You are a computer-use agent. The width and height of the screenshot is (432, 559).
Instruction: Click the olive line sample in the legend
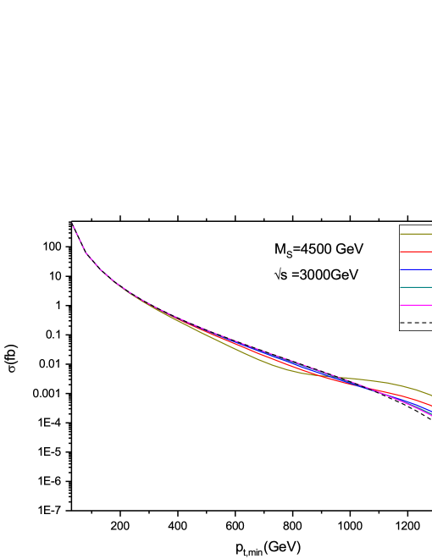tap(416, 234)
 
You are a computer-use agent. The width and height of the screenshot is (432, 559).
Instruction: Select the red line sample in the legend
tap(416, 252)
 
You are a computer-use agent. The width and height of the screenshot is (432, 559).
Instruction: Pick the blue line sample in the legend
tap(416, 269)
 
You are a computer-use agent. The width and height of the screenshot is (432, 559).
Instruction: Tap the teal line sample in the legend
tap(416, 287)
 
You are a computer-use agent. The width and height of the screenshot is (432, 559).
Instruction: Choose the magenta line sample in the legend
tap(416, 305)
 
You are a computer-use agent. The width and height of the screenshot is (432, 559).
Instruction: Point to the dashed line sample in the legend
tap(416, 323)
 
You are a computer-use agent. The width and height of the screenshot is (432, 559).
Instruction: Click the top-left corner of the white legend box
tap(400, 225)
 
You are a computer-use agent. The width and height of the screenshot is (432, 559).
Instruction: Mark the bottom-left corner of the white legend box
tap(400, 329)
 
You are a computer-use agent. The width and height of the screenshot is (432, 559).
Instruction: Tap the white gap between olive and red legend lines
tap(416, 243)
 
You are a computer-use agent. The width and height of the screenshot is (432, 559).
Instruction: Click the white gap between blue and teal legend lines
tap(416, 279)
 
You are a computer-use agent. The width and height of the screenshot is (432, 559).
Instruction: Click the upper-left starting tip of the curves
tap(72, 224)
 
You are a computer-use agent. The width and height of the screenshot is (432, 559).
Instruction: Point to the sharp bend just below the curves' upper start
tap(87, 255)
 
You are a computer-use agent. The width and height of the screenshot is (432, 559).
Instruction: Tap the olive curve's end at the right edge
tap(430, 395)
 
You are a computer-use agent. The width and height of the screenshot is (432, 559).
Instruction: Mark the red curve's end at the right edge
tap(430, 406)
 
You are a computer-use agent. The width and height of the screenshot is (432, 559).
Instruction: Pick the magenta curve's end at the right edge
tap(430, 416)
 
